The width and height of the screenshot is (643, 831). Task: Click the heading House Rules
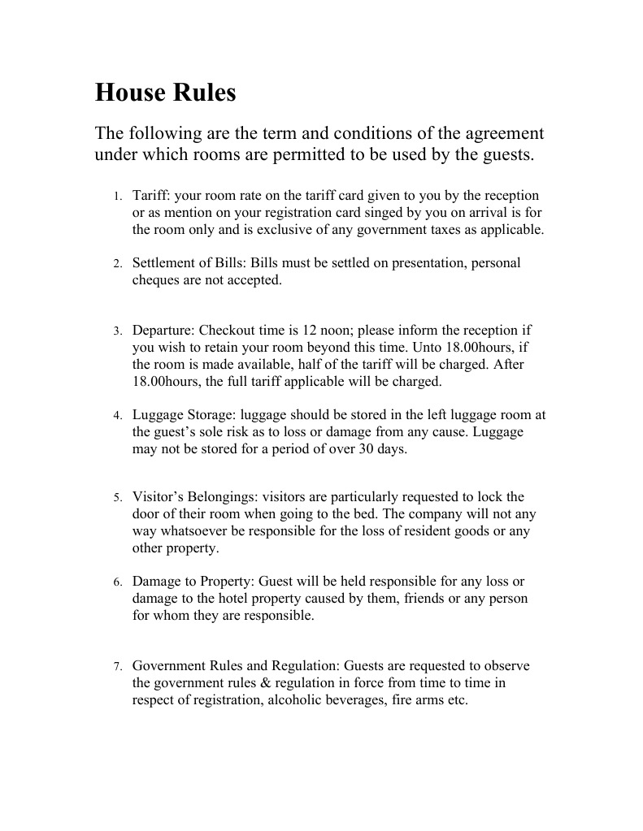(x=165, y=93)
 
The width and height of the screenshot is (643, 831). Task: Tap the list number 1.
(x=117, y=197)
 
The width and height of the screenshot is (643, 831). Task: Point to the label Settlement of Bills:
(x=189, y=263)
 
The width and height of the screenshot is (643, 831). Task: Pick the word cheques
(x=156, y=280)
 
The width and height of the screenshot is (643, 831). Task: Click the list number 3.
(x=117, y=331)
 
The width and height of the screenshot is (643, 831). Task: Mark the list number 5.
(x=117, y=497)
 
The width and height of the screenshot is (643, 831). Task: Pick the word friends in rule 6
(x=415, y=599)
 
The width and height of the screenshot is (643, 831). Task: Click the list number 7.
(x=117, y=667)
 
